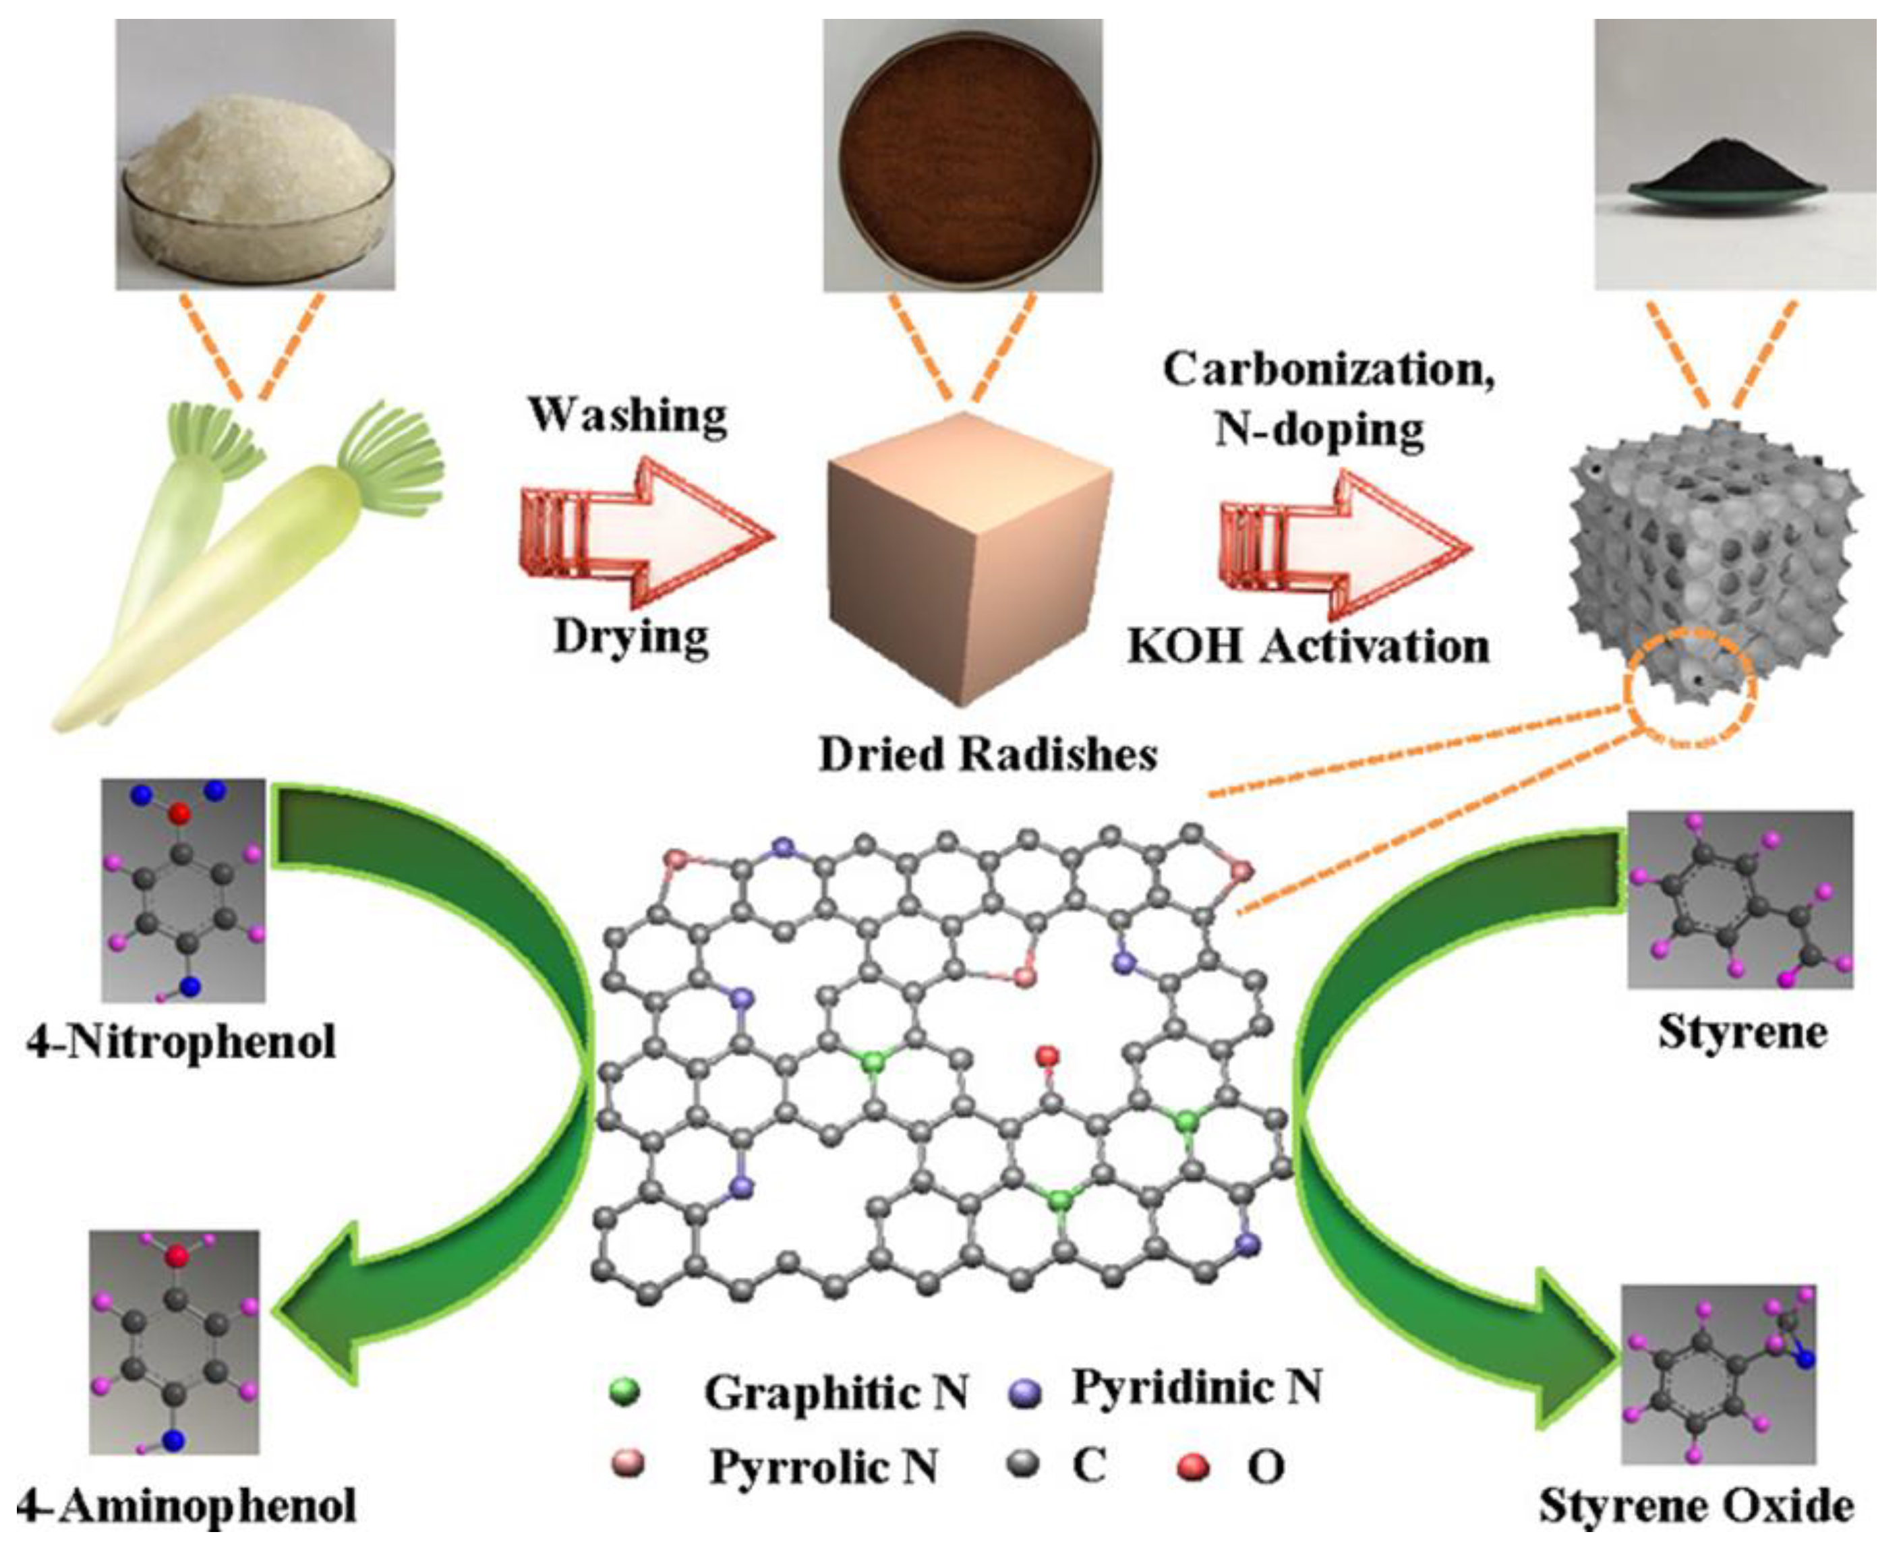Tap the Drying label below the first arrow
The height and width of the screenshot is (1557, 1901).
631,637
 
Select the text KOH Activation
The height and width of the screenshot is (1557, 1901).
1308,647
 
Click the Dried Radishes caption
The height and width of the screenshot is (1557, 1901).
988,755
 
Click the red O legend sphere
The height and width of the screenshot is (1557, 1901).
1194,1467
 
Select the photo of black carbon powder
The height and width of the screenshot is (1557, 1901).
1734,154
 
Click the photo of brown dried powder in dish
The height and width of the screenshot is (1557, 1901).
963,154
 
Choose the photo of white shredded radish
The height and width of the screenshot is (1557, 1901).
255,154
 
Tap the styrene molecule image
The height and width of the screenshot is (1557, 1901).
1740,900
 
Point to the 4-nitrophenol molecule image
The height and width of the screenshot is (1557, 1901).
183,889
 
